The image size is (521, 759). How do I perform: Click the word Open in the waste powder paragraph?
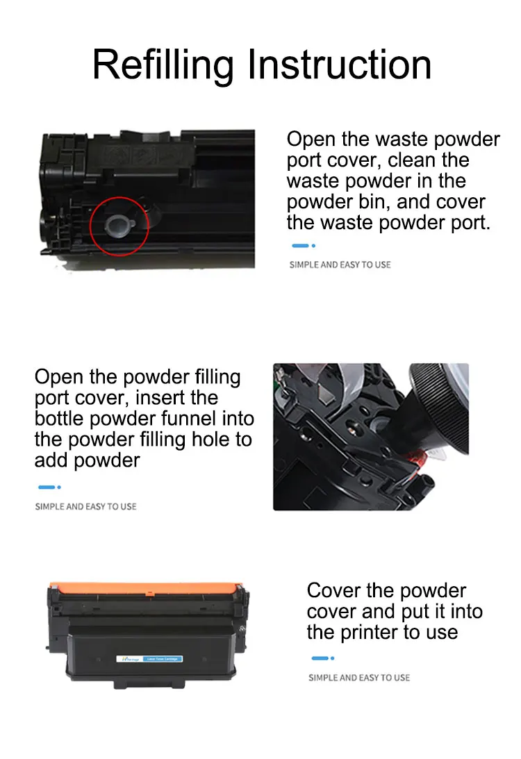(x=311, y=139)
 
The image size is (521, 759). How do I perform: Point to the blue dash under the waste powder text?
(x=300, y=245)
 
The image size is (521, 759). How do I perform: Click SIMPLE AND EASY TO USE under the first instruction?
(x=340, y=265)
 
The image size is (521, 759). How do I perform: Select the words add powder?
(x=87, y=460)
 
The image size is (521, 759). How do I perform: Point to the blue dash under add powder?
(x=46, y=487)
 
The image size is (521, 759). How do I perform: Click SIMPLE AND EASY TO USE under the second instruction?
(x=85, y=507)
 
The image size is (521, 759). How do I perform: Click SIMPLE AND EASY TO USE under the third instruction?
(x=359, y=678)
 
